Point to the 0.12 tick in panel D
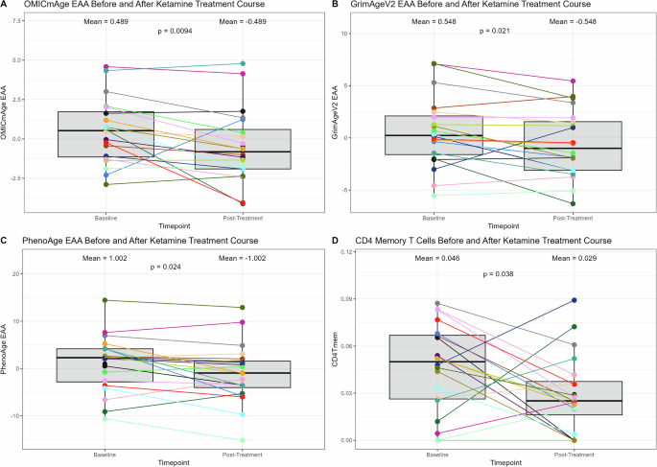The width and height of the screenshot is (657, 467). point(359,251)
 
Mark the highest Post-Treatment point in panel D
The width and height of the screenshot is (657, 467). point(575,300)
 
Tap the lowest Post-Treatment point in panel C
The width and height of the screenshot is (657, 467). point(243,440)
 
